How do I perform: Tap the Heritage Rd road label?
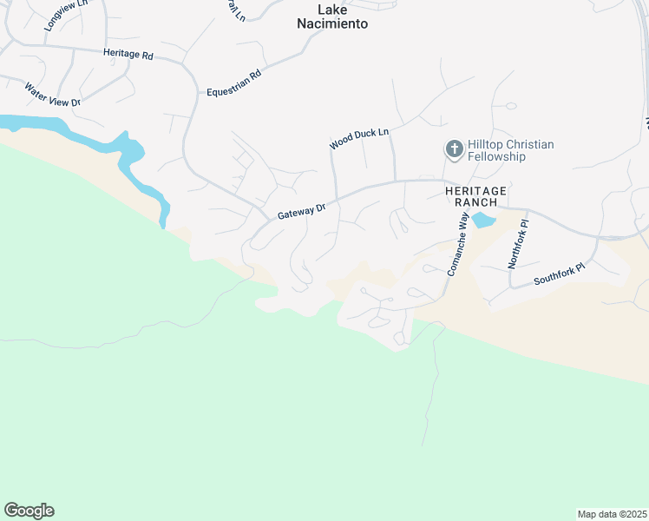tap(128, 54)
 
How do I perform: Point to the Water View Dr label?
tap(52, 95)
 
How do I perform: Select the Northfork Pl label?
tap(519, 244)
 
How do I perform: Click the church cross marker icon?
tap(453, 149)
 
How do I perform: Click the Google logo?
tap(29, 511)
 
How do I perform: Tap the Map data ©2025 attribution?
tap(612, 514)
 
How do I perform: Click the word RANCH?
tap(475, 201)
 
